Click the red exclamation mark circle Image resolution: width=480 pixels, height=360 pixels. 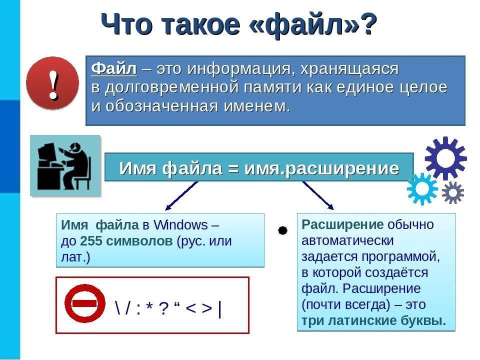(52, 83)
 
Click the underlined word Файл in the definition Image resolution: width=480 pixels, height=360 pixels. (114, 68)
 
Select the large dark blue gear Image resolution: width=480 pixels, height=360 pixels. (445, 158)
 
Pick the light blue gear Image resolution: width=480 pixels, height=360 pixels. (422, 189)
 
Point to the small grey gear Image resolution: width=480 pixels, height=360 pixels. (453, 192)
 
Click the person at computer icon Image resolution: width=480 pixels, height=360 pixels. (65, 165)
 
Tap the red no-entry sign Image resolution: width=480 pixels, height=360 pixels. (85, 303)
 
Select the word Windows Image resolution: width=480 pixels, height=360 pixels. (180, 225)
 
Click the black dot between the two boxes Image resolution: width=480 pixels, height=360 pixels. (282, 230)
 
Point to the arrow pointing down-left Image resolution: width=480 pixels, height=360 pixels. (181, 196)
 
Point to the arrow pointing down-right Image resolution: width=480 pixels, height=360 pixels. (318, 195)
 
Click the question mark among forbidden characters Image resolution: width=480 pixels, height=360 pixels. (164, 308)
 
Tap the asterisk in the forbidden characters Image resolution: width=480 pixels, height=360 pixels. (149, 306)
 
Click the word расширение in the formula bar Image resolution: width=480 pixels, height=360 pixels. (342, 168)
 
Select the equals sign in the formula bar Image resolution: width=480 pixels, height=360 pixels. (233, 168)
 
